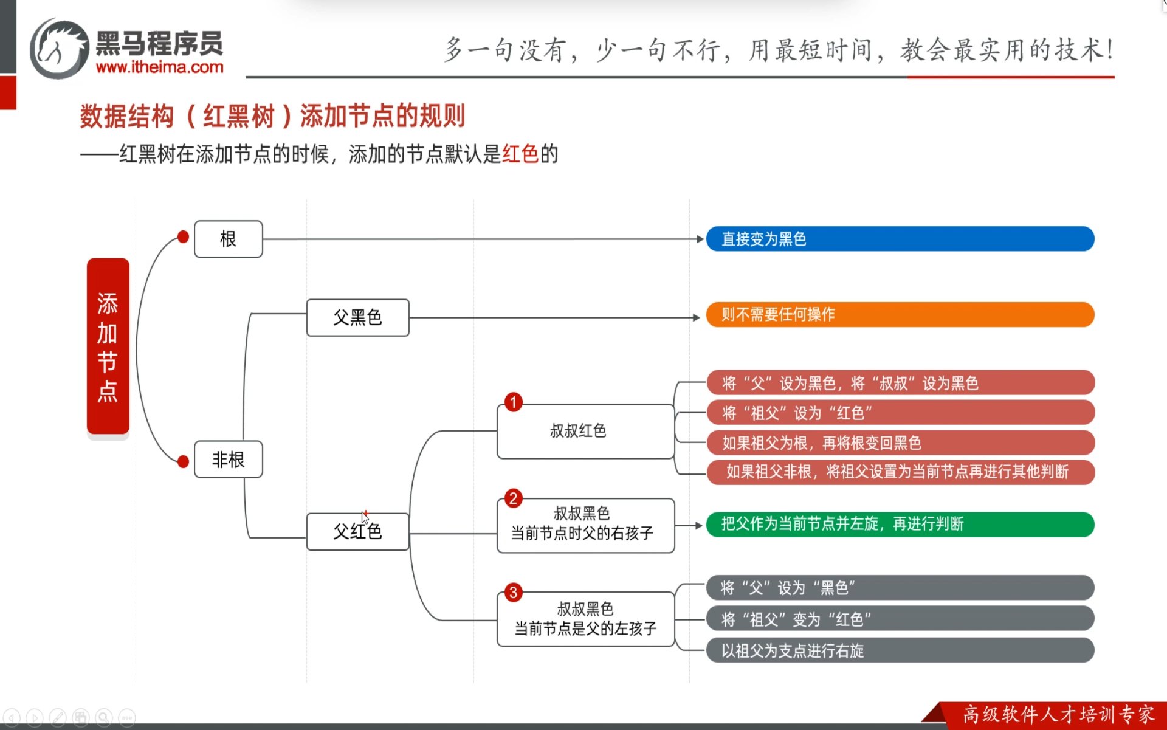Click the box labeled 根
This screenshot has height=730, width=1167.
tap(229, 239)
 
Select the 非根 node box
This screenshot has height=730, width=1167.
tap(229, 459)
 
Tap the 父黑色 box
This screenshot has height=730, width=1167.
tap(357, 317)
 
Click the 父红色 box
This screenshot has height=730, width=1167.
tap(357, 531)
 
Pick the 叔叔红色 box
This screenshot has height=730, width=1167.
tap(585, 431)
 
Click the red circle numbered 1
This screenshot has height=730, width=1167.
tap(514, 402)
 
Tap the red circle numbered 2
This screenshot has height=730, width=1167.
tap(514, 498)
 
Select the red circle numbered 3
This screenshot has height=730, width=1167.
tap(514, 593)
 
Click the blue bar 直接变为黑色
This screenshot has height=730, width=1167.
tap(900, 239)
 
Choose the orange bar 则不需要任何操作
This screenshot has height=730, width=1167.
tap(900, 314)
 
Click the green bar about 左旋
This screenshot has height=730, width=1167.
tap(900, 524)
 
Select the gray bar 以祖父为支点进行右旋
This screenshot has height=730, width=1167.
tap(900, 650)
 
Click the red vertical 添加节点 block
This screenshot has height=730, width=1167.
tap(108, 346)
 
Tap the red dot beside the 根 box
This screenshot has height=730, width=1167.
tap(183, 237)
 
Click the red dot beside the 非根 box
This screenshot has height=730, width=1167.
tap(183, 462)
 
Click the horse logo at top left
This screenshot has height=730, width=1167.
tap(60, 49)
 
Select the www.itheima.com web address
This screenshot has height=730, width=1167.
tap(160, 67)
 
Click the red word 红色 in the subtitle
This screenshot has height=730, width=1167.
tap(520, 154)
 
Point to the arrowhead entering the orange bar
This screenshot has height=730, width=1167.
tap(697, 317)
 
